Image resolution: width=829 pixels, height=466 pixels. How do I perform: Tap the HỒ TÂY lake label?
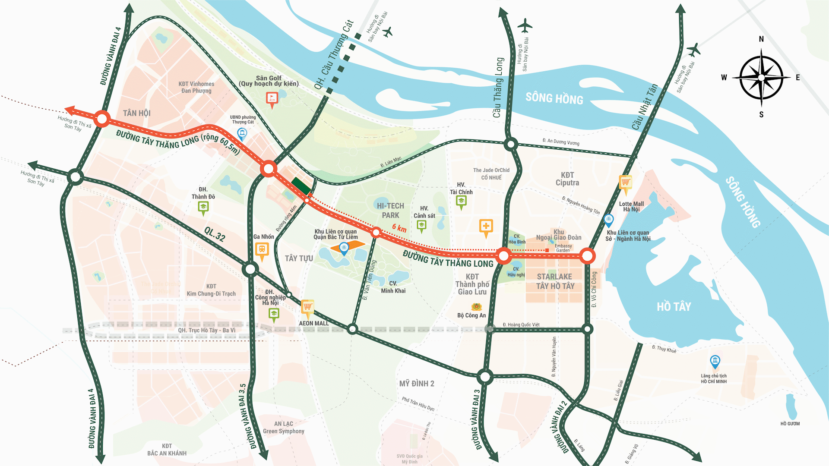click(674, 307)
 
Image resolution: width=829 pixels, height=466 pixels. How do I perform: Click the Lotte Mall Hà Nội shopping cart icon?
click(625, 183)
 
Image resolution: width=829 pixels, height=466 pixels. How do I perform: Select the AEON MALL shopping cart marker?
click(307, 307)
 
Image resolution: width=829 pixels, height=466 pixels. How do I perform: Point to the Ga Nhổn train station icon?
click(262, 249)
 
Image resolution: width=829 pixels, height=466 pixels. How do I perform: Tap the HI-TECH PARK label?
click(390, 211)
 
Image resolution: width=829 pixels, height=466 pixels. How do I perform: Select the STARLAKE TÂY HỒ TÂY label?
click(555, 281)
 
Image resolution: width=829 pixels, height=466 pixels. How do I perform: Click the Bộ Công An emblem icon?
click(476, 307)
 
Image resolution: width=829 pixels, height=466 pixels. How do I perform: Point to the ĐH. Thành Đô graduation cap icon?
click(203, 207)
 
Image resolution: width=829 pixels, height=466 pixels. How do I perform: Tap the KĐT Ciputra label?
click(567, 179)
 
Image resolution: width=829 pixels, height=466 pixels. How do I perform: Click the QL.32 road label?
click(215, 234)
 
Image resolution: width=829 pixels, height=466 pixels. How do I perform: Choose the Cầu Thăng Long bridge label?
click(498, 87)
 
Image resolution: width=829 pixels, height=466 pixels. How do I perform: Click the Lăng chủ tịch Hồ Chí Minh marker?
click(715, 361)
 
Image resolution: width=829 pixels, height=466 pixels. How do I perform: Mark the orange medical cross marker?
click(486, 226)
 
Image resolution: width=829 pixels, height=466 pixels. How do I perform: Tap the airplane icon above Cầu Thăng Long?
click(525, 25)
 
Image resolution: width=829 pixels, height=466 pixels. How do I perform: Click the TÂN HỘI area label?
click(136, 113)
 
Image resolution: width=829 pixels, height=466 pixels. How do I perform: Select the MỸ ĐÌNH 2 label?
click(417, 384)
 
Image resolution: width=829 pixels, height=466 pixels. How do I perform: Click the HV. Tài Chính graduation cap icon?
click(461, 201)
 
